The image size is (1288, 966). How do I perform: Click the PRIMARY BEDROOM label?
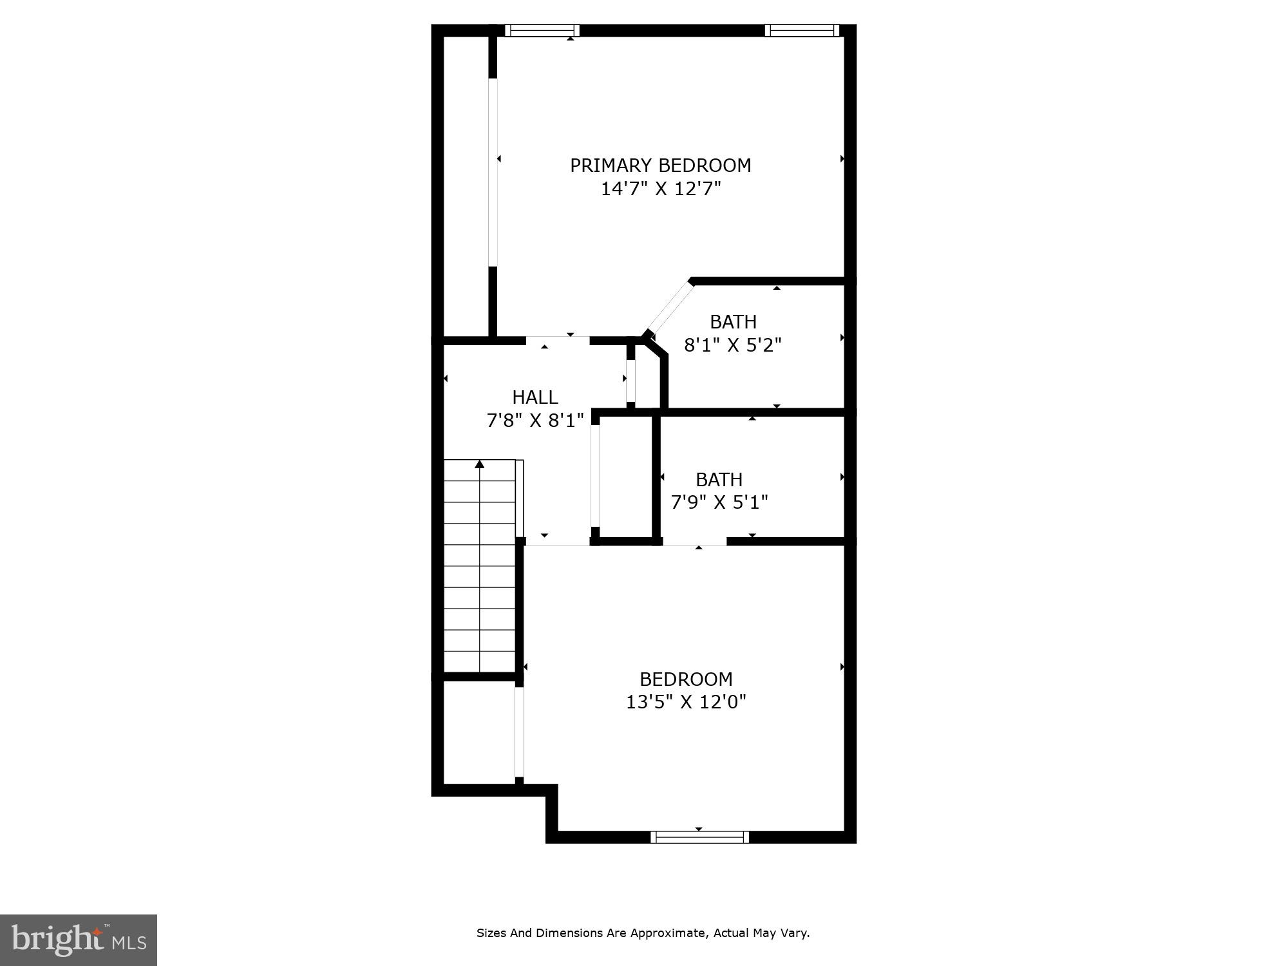point(660,166)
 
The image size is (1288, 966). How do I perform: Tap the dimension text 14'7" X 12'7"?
point(660,189)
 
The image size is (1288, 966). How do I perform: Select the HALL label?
point(535,397)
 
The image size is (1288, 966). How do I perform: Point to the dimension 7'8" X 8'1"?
point(535,421)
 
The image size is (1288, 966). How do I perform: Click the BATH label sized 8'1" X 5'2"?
point(733,321)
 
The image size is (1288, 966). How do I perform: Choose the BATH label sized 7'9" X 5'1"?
point(719,479)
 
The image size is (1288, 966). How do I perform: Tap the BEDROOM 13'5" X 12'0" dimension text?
point(686,702)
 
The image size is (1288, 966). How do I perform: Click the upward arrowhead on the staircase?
point(479,464)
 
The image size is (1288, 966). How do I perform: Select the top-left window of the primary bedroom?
point(542,30)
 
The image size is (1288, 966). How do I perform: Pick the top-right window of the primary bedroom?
point(802,30)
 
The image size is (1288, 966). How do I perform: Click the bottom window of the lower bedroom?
point(699,837)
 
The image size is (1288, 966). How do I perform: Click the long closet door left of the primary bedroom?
point(493,173)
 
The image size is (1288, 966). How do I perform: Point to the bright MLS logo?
point(79,940)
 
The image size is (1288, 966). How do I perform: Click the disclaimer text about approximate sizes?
point(643,933)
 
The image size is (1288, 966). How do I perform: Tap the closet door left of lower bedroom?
point(519,732)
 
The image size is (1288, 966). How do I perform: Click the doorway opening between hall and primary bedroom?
point(558,340)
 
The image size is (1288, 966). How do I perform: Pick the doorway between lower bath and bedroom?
point(694,542)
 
